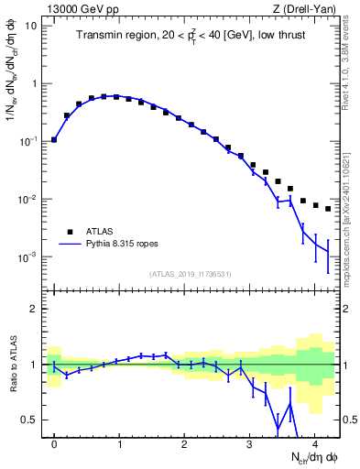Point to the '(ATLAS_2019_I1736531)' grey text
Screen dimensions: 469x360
(191, 274)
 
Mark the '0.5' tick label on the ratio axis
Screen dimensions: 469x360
(30, 420)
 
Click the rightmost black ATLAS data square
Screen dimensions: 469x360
(328, 209)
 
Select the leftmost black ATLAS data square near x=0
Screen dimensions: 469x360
(54, 140)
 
